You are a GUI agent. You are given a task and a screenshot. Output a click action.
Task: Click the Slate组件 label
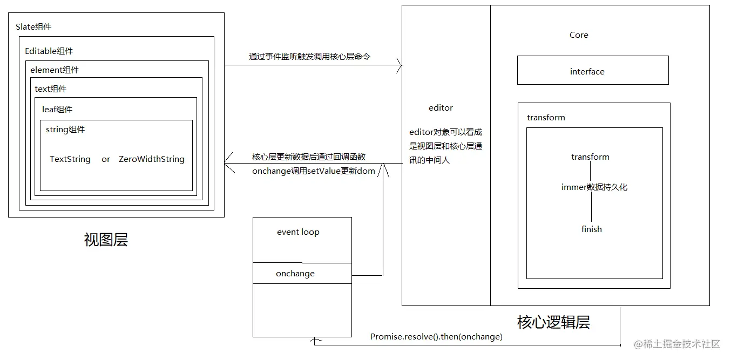pos(33,27)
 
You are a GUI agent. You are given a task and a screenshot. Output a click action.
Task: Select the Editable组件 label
pos(49,51)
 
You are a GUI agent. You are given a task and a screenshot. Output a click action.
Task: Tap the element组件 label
pos(55,70)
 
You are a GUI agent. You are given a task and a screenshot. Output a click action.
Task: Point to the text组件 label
pos(51,89)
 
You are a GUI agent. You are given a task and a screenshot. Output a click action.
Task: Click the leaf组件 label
pos(57,110)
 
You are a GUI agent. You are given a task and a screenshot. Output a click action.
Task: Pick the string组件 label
pos(65,130)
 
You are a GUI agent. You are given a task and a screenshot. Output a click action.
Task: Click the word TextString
pos(70,159)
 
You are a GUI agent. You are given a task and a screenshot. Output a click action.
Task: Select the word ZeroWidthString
pos(152,159)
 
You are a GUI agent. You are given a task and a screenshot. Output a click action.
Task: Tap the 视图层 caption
pos(106,240)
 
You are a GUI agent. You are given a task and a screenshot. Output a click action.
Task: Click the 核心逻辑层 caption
pos(553,322)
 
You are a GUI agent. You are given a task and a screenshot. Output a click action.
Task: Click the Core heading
pos(579,35)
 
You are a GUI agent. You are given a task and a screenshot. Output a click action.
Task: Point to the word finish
pos(591,229)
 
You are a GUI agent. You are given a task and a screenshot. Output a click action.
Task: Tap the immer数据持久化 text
pos(594,187)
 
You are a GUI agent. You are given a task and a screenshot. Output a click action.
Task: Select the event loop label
pos(298,232)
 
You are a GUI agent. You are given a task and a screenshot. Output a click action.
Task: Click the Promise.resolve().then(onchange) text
pos(436,337)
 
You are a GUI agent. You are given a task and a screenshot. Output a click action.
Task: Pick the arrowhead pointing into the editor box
pos(400,65)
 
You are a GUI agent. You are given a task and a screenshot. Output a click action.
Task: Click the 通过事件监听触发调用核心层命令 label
pos(309,56)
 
